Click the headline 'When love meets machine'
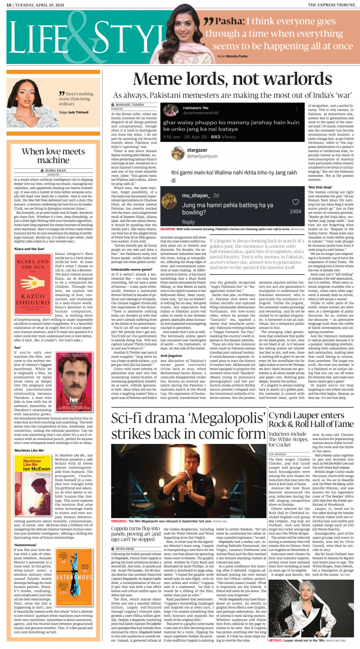53,156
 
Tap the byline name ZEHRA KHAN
55,171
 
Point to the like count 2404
295,212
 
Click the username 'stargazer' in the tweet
197,150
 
